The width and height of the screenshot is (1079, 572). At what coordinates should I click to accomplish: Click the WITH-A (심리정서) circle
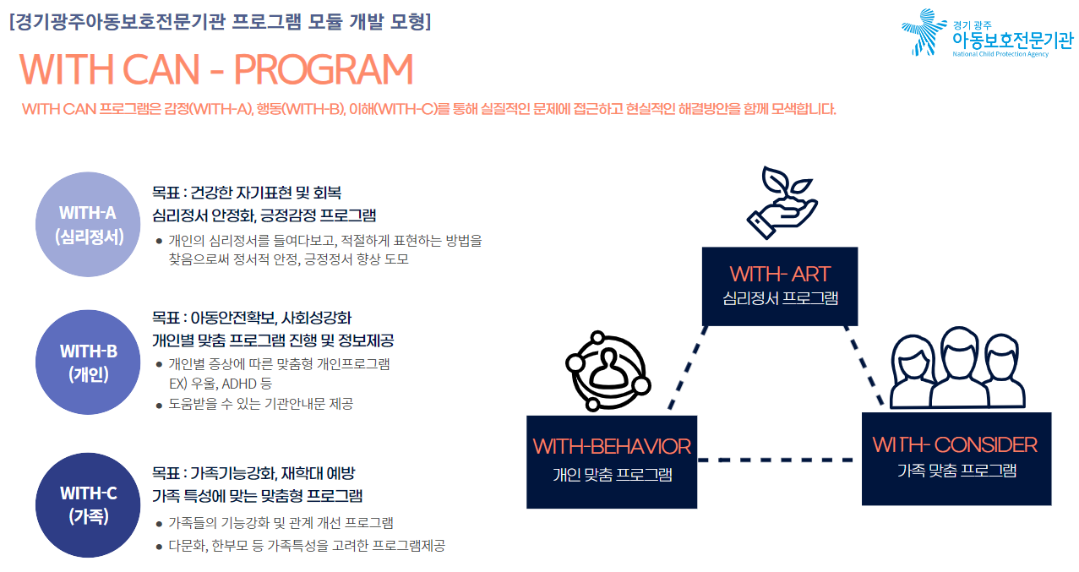[88, 225]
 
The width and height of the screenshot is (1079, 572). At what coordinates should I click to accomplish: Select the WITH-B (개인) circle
[88, 362]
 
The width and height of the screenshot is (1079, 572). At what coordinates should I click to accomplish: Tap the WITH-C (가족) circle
[88, 505]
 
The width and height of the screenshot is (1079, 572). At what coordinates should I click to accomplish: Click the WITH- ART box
[779, 286]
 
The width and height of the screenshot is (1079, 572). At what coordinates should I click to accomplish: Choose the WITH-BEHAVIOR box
[612, 462]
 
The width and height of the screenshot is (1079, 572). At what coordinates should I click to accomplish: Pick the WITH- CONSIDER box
[956, 459]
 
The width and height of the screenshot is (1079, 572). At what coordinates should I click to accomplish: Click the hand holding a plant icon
[782, 203]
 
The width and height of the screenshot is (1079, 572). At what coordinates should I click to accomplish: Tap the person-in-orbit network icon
[608, 371]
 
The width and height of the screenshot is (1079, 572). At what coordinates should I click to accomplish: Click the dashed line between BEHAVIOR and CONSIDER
[776, 460]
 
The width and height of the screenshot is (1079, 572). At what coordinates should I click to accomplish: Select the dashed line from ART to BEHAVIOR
[688, 368]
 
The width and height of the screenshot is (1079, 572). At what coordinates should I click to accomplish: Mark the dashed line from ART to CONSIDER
[864, 366]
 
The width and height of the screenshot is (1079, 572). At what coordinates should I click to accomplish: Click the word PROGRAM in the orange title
[324, 70]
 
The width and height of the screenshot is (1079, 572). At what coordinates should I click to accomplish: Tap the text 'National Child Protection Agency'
[1000, 54]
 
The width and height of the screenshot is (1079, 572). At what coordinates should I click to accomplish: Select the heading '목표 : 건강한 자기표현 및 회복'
[247, 193]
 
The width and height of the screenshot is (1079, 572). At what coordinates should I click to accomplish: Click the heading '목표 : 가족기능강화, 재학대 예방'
[253, 473]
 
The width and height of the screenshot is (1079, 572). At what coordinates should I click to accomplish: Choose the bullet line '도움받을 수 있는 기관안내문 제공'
[260, 404]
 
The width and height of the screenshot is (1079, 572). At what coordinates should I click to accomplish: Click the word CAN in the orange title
[161, 70]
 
